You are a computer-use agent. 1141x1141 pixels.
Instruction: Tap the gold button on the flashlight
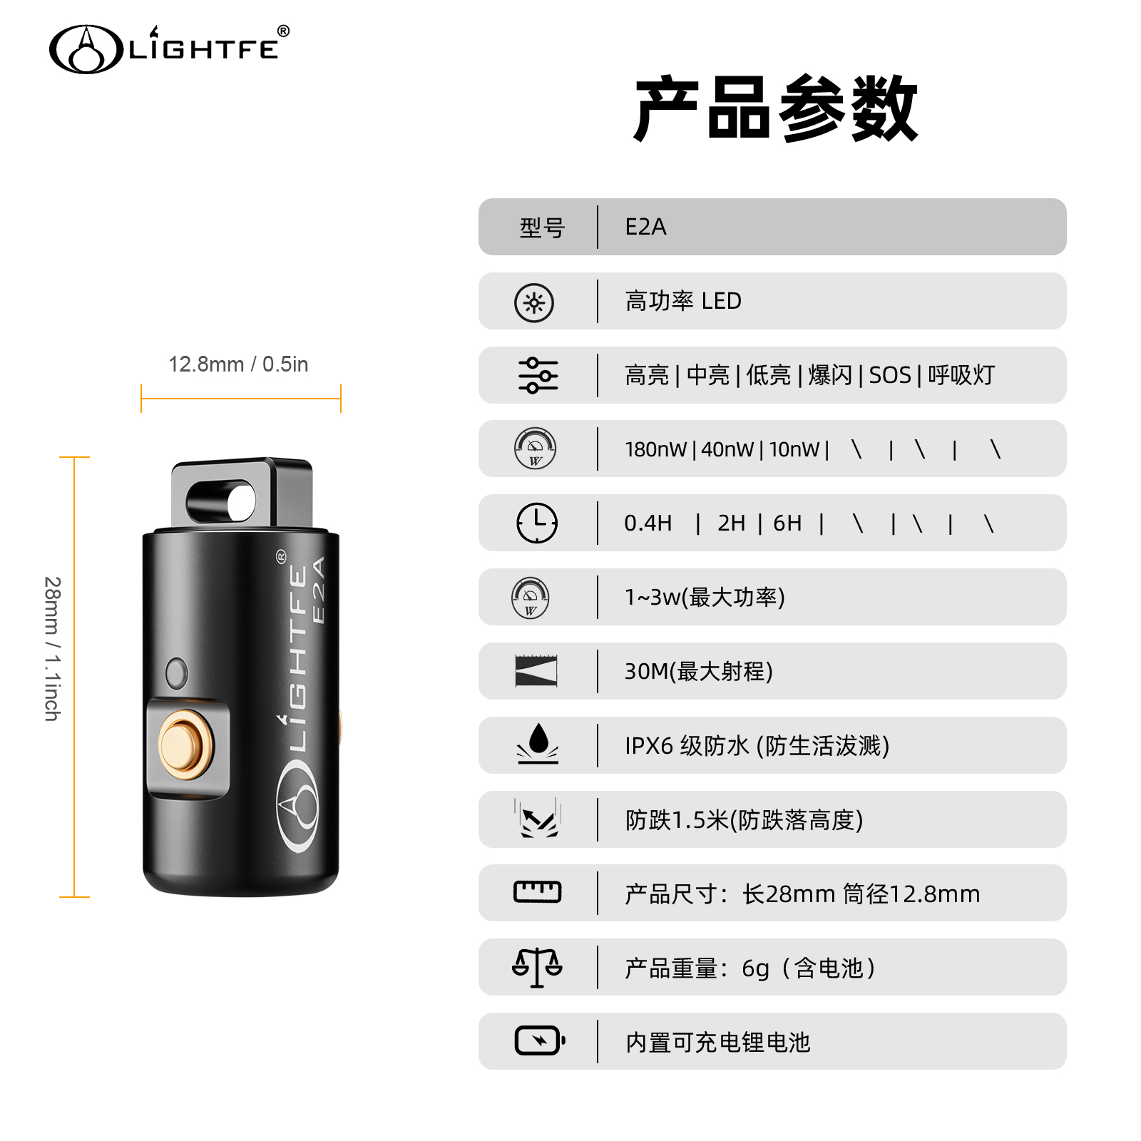pos(185,745)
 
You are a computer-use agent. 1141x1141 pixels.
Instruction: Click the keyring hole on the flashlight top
pos(221,501)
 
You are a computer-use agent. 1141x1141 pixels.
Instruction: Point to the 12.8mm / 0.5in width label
pos(238,364)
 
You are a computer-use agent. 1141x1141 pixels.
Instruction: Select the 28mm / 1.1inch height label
pos(53,649)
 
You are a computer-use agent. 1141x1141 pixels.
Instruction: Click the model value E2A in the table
pos(645,227)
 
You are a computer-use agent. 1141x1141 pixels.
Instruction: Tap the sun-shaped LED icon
pos(534,302)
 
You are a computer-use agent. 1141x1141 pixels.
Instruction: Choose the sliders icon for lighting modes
pos(538,375)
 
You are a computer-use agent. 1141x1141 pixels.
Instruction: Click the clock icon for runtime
pos(537,523)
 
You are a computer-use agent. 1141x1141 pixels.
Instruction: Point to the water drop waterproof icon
pos(538,743)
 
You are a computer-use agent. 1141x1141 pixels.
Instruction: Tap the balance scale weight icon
pos(537,968)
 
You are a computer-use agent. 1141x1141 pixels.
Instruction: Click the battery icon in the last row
pos(540,1040)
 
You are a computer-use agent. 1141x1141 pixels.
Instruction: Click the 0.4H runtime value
pos(648,523)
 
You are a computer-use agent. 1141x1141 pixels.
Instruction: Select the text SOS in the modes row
pos(890,375)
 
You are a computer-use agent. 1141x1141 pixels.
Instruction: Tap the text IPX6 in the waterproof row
pos(649,746)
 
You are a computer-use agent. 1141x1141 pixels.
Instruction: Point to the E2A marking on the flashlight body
pos(319,590)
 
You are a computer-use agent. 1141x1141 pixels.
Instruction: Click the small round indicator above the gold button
pos(176,672)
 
